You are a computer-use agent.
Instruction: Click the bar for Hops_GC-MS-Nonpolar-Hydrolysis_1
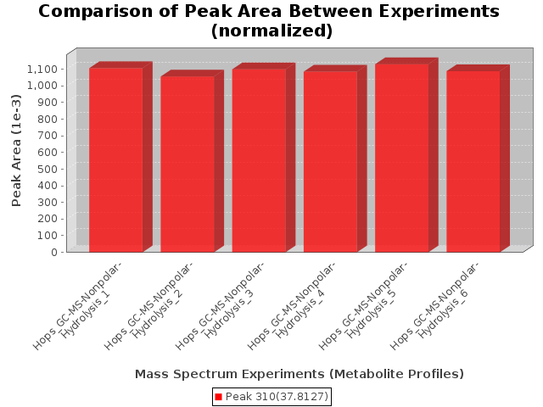tap(116, 160)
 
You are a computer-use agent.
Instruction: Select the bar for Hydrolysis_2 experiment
tap(188, 164)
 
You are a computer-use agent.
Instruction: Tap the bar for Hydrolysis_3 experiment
tap(259, 160)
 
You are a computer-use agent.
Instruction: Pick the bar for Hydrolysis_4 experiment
tap(330, 162)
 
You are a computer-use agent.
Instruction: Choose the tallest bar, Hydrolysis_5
tap(401, 158)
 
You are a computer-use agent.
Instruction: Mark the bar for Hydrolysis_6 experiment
tap(473, 161)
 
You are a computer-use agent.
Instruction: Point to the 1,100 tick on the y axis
tap(42, 70)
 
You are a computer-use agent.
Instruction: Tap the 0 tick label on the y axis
tap(54, 252)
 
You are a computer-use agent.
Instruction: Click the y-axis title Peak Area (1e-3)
tap(16, 151)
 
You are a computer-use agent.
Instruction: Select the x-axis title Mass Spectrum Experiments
tap(230, 374)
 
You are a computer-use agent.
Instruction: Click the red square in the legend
tap(218, 397)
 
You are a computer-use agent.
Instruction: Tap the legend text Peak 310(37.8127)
tap(277, 397)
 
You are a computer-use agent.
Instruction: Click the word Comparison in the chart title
tap(96, 12)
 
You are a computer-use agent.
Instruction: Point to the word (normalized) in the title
tap(271, 31)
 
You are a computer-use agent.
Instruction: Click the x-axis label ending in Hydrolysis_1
tap(78, 306)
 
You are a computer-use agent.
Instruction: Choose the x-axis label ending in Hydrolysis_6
tap(435, 306)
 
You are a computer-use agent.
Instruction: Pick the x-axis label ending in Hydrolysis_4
tap(292, 306)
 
